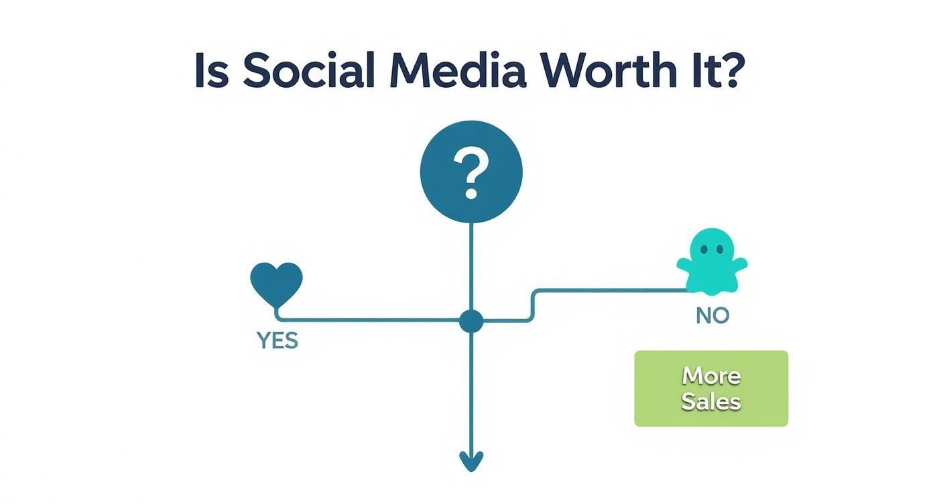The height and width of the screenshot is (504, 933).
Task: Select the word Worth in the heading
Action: pos(612,70)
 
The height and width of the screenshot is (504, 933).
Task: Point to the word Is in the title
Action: pos(212,70)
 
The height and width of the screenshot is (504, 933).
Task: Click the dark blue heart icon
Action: pos(276,283)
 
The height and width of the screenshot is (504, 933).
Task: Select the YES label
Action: pos(277,340)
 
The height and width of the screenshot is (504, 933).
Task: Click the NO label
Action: pos(712,316)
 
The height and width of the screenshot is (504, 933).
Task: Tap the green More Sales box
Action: pos(711,389)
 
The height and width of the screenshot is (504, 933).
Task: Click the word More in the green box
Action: pos(711,375)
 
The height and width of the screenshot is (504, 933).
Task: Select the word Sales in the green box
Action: pos(711,401)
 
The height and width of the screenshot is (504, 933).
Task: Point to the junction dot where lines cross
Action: pos(471,321)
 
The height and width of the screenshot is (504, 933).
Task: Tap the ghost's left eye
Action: pos(704,249)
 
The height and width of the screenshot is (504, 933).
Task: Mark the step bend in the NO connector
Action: pos(533,305)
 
